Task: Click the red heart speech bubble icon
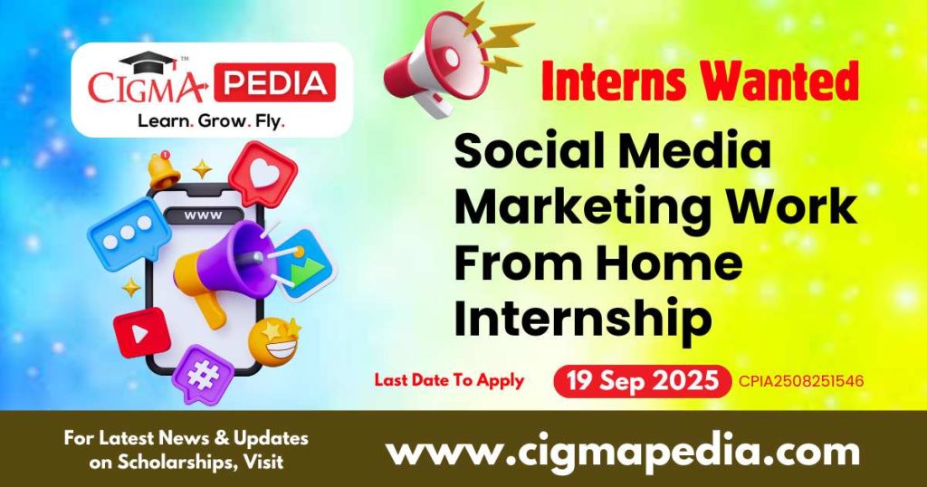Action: click(x=263, y=174)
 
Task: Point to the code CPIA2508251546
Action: click(x=800, y=382)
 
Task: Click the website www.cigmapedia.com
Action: click(x=622, y=450)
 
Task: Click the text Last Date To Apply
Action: click(x=449, y=380)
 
